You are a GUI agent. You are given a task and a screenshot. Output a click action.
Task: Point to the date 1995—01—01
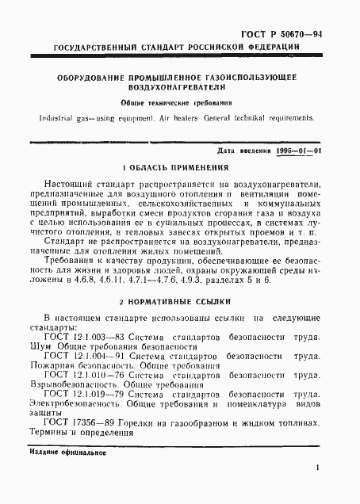[293, 150]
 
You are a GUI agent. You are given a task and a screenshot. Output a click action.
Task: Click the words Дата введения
[230, 150]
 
